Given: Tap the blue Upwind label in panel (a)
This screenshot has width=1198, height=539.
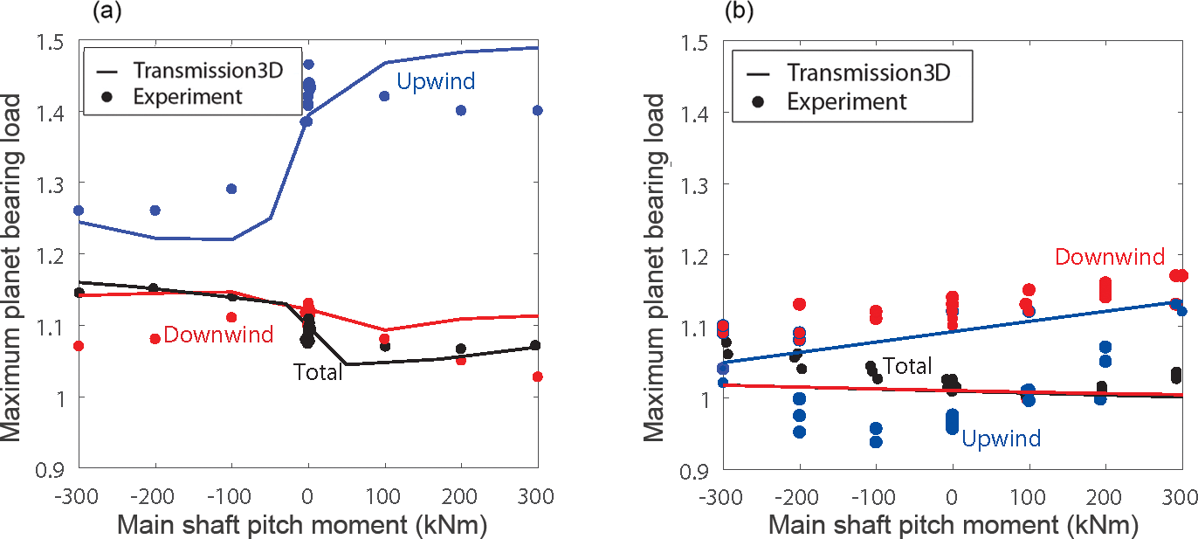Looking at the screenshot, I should (436, 82).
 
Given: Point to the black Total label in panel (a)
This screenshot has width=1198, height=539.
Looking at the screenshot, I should (317, 371).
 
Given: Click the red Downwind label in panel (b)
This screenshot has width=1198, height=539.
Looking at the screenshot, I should (1110, 257).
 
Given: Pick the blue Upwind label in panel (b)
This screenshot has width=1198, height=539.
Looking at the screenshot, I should (1001, 438).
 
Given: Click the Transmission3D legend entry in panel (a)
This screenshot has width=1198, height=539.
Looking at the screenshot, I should (208, 70).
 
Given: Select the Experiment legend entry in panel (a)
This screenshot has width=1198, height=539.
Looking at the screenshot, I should (187, 96).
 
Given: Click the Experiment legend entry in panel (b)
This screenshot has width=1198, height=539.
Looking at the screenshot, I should (846, 100).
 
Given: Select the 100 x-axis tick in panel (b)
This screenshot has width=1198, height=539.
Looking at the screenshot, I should (1028, 495).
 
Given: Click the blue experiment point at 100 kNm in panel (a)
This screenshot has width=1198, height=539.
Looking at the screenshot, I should (383, 96).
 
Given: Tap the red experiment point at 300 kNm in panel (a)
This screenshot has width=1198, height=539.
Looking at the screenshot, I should (537, 377).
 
